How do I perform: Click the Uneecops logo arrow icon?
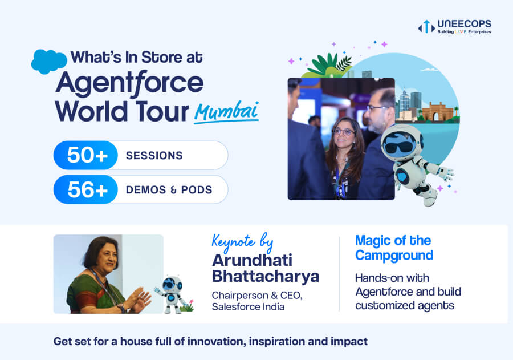[426, 27]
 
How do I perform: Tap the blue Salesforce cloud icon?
[49, 62]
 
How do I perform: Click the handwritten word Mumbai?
[227, 111]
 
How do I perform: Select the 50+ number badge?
[85, 155]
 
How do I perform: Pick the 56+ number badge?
[85, 189]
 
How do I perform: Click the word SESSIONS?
[154, 156]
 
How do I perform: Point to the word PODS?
[197, 190]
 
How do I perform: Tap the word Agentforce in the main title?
[129, 83]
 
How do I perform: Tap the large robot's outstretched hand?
[447, 173]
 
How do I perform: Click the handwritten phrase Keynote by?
[242, 242]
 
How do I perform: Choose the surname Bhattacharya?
[265, 276]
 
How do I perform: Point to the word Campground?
[394, 256]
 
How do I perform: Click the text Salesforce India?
[248, 307]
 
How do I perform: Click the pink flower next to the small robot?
[192, 301]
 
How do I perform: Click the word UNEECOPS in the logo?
[464, 24]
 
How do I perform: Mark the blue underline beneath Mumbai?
[226, 120]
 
